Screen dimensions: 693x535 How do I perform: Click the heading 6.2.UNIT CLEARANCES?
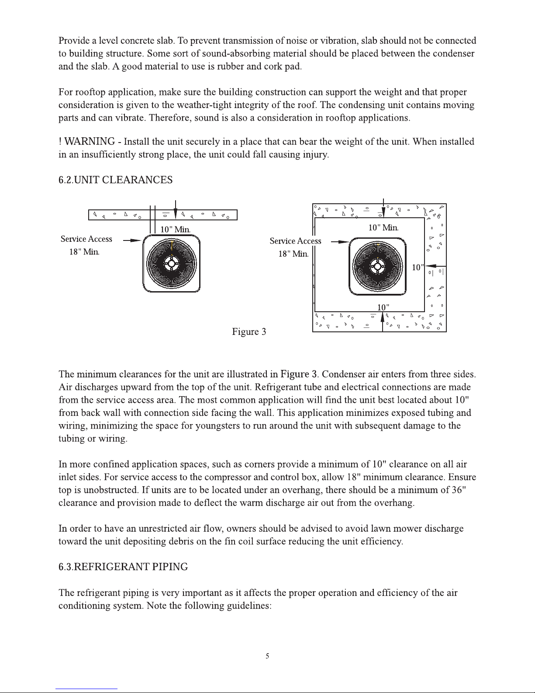pos(115,180)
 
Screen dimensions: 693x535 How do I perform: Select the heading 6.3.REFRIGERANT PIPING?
pos(123,567)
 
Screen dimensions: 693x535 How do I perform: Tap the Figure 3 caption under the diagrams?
pos(249,331)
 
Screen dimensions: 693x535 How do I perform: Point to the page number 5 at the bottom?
pos(268,656)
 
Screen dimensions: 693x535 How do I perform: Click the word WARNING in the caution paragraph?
pos(90,142)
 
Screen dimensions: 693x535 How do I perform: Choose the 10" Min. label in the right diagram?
pos(383,227)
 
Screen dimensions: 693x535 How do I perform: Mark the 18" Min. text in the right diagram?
pos(293,254)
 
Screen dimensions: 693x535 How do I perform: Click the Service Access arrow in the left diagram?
pos(132,240)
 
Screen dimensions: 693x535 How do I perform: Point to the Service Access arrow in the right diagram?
pos(341,241)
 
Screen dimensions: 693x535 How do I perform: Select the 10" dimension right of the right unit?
pos(418,267)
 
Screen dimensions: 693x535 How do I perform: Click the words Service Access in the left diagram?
pos(86,239)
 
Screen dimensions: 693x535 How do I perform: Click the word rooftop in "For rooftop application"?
pos(89,93)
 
